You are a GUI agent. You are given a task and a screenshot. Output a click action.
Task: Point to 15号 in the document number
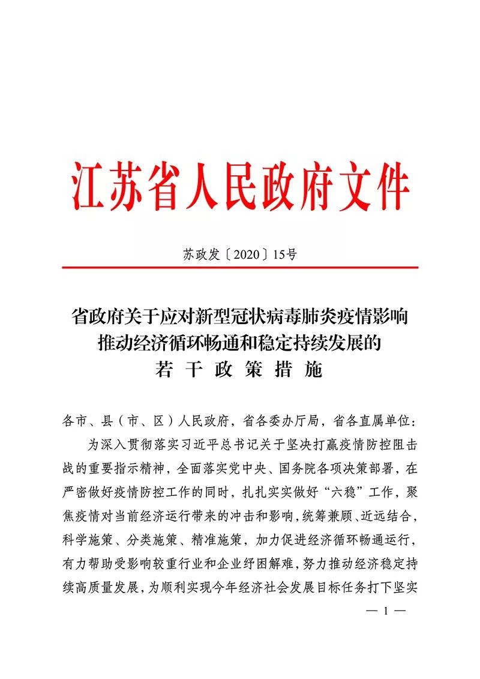tap(284, 255)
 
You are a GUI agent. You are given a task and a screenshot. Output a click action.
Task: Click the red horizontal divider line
tap(240, 267)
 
